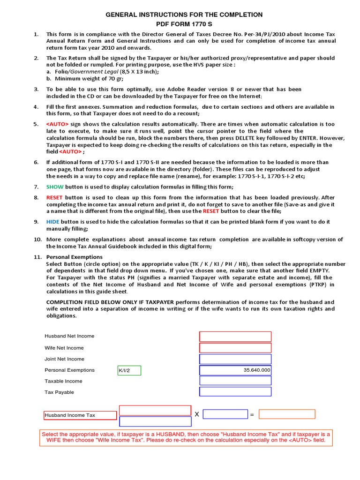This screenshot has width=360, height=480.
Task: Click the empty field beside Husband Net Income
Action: coord(235,337)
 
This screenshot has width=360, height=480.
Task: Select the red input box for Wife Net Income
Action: coord(235,348)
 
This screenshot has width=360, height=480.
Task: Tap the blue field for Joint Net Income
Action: coord(235,359)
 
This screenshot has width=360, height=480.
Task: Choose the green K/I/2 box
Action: coord(129,370)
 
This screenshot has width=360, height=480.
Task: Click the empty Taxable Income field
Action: coord(235,381)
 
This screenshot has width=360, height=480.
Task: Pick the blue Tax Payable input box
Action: coord(235,392)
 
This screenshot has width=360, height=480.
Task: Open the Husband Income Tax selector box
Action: coord(80,415)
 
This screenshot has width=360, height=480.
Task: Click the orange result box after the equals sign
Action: coord(287,414)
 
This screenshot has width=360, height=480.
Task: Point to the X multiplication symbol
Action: coord(197,415)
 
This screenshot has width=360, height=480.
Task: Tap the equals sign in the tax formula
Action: coord(252,415)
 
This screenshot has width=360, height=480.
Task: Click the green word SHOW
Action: coord(54,187)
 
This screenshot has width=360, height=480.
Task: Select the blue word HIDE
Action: coord(53,222)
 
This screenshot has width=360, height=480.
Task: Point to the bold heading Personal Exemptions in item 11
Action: coord(74,257)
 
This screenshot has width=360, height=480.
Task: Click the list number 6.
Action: coord(36,163)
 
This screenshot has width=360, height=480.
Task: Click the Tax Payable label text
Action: coord(59,392)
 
